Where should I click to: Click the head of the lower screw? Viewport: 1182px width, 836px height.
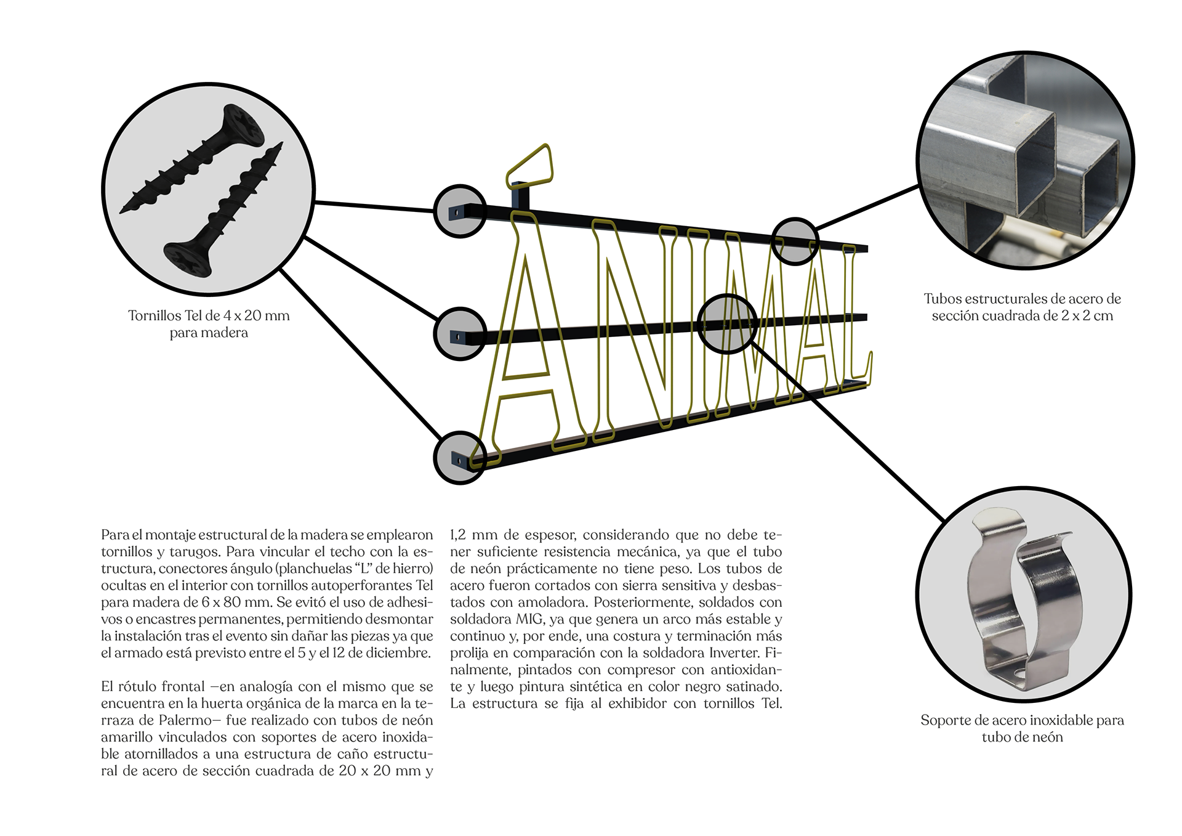(x=187, y=259)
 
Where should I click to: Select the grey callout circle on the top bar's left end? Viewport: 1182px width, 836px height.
(x=460, y=211)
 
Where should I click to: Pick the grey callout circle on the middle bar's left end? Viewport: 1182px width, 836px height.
(x=460, y=333)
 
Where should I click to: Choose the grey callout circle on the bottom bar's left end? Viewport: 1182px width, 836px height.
(x=460, y=458)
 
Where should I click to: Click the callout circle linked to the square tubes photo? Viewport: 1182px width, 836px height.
(x=795, y=241)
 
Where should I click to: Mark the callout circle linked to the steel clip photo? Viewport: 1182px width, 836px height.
(x=728, y=323)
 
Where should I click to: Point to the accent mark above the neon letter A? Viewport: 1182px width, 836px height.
(x=529, y=165)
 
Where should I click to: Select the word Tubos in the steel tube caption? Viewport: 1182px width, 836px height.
(x=942, y=299)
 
